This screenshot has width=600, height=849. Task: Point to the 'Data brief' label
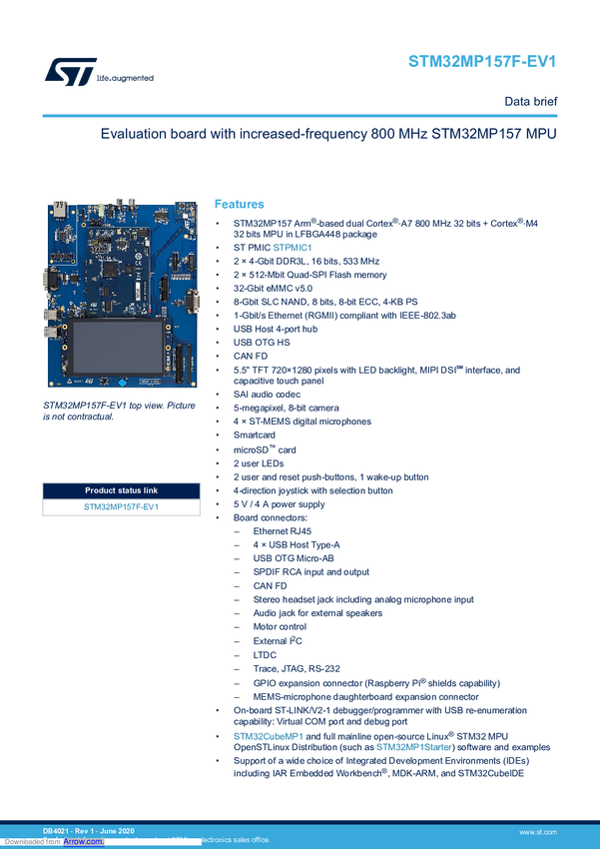click(x=528, y=101)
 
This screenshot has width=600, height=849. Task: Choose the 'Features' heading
click(x=241, y=203)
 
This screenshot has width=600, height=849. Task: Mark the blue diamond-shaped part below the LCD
click(x=121, y=383)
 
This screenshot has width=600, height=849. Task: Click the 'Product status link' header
click(x=121, y=490)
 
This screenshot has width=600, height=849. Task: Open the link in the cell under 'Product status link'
click(x=121, y=507)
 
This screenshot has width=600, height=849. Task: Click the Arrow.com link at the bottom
click(x=83, y=842)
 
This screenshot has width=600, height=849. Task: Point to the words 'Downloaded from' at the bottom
click(x=31, y=842)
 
